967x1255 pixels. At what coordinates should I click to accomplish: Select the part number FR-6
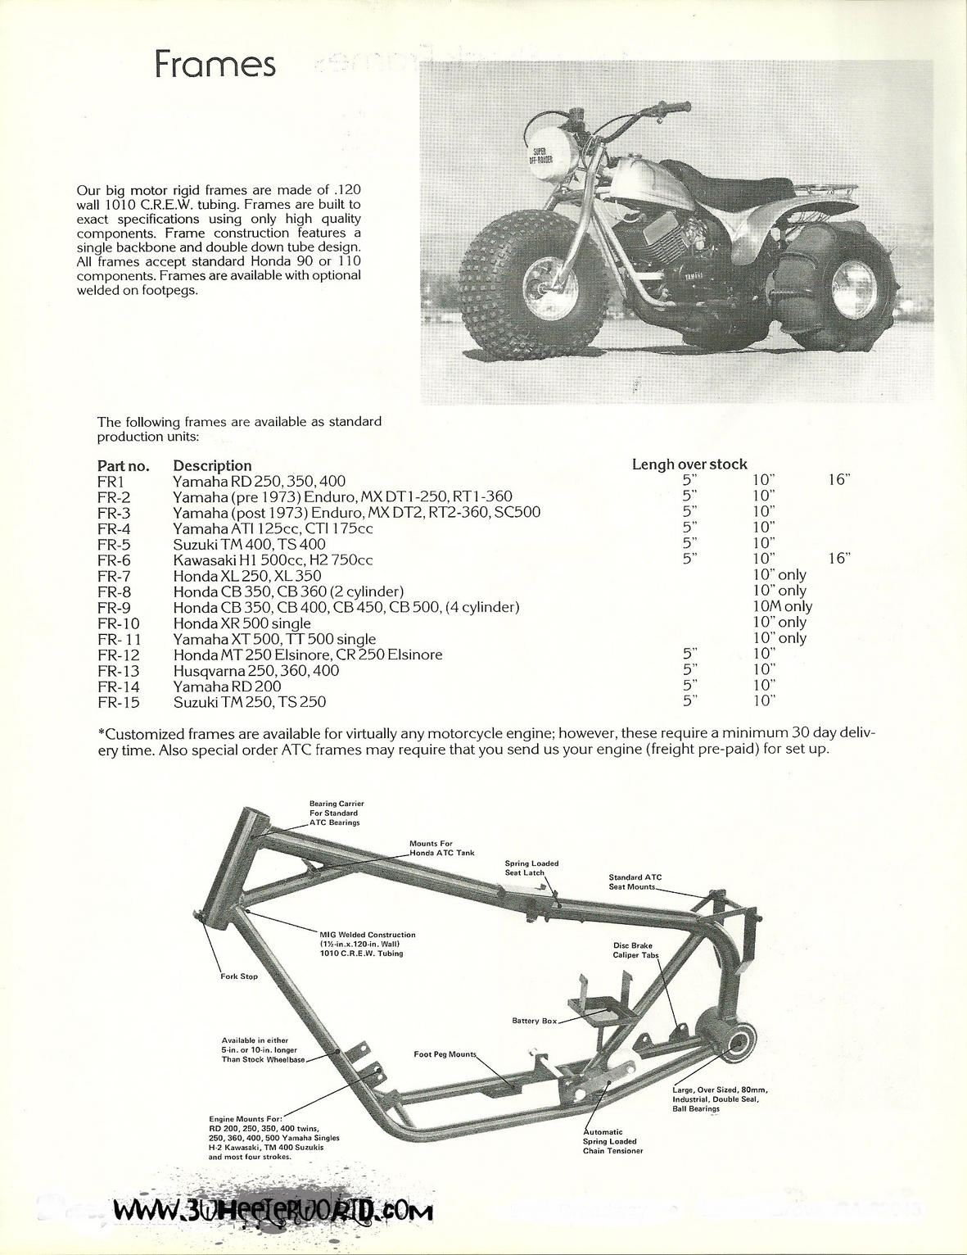(114, 560)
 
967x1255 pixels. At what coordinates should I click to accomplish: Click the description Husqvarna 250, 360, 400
(256, 670)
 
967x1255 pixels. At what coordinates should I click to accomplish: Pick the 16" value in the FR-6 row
(839, 559)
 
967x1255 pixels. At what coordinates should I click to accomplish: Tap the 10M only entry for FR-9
(782, 606)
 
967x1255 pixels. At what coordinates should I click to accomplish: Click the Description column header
(212, 465)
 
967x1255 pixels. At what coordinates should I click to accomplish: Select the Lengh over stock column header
(689, 464)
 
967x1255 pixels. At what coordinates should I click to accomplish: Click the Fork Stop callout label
(238, 976)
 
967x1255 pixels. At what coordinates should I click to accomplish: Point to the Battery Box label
(534, 1021)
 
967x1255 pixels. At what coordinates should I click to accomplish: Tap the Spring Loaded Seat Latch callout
(531, 868)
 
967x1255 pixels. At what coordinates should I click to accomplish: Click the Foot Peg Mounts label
(445, 1054)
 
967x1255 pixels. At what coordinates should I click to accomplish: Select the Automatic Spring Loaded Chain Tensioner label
(612, 1141)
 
